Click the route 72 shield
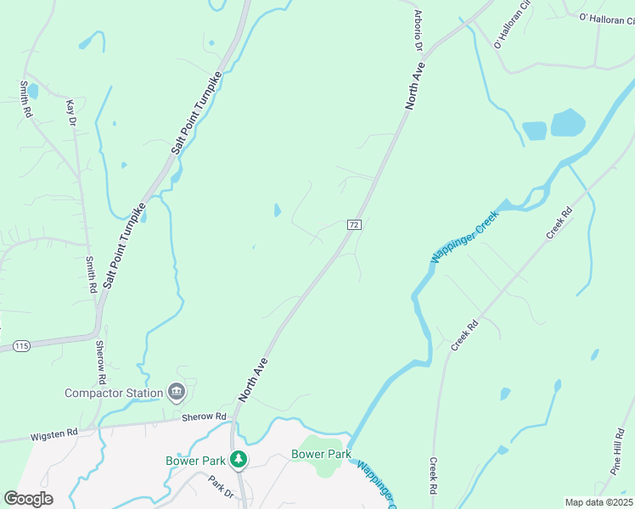click(x=355, y=224)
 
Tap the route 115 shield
click(x=21, y=346)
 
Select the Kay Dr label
click(x=71, y=114)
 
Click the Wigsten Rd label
click(x=54, y=433)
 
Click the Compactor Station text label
click(x=114, y=393)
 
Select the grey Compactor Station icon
click(x=177, y=391)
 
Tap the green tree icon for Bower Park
click(x=239, y=459)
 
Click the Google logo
click(x=28, y=499)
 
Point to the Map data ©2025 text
click(x=598, y=502)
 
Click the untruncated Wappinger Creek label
click(x=464, y=232)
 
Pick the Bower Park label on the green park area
click(x=321, y=454)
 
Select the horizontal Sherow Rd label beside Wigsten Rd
click(x=204, y=417)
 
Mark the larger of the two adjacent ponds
click(x=568, y=123)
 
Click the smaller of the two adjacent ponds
click(x=534, y=131)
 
